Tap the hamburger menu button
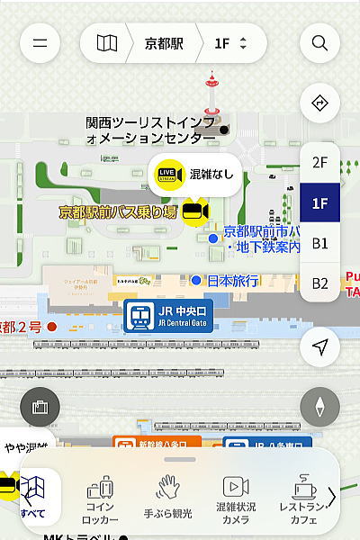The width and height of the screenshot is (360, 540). (39, 43)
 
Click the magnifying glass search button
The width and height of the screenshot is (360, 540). (319, 43)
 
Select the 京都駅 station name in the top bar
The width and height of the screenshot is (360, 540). (164, 43)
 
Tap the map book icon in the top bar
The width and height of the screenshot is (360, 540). (107, 43)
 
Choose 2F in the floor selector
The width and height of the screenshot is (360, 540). (319, 163)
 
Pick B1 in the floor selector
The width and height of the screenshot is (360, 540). (319, 243)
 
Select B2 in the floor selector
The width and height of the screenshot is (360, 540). (319, 283)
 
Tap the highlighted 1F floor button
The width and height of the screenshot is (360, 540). (319, 202)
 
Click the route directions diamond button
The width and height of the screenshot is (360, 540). (319, 103)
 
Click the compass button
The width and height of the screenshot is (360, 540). (319, 407)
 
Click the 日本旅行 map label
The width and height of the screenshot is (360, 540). (232, 281)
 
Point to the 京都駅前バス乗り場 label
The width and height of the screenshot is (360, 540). (119, 212)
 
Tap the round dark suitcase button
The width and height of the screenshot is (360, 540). (39, 407)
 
